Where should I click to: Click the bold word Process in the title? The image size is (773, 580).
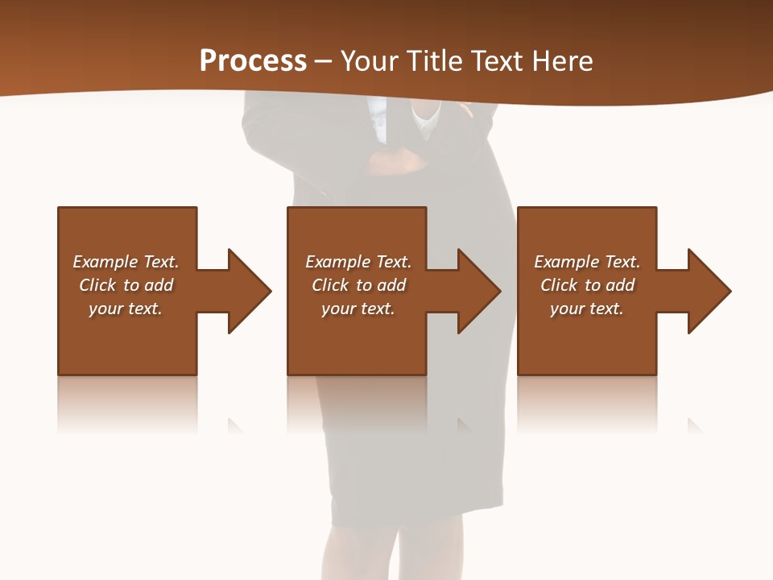[253, 61]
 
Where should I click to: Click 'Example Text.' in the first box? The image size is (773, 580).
[126, 262]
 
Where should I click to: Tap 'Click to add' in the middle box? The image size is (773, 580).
[358, 285]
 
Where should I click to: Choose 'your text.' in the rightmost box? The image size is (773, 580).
[586, 309]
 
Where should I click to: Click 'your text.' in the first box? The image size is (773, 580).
[126, 309]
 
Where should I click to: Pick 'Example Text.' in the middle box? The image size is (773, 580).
[358, 262]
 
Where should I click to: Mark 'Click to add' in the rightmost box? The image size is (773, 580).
[587, 285]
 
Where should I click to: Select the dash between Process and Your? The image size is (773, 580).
[324, 61]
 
